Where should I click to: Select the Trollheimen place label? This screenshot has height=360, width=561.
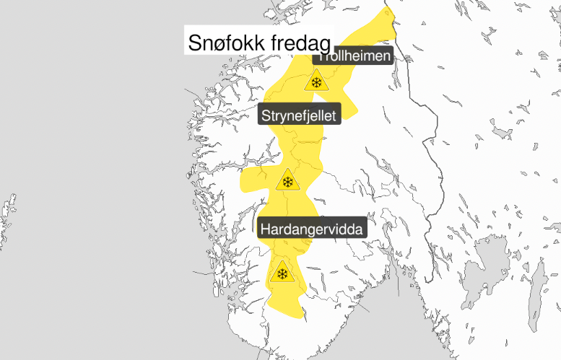click(x=354, y=57)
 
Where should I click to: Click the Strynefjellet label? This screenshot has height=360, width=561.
click(x=300, y=114)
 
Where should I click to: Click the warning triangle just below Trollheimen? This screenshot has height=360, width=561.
click(x=316, y=81)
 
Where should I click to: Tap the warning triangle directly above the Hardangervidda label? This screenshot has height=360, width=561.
click(x=288, y=182)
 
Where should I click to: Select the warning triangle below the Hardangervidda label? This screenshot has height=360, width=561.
click(x=282, y=274)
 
